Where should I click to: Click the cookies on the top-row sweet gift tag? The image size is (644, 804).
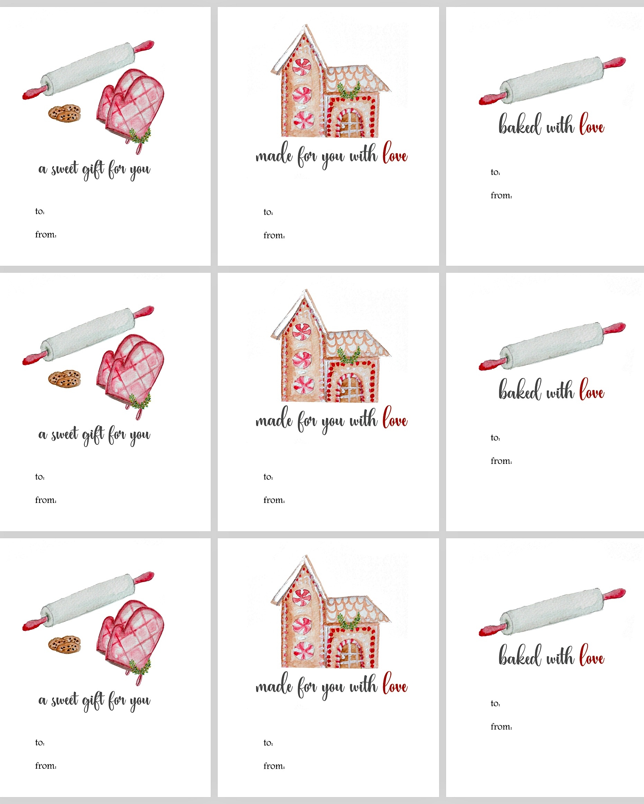pos(65,113)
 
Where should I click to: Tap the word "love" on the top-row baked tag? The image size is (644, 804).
pos(592,124)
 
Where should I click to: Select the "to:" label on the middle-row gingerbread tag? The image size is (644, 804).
pos(268,477)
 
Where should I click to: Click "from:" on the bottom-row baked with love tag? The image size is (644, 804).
pos(501,727)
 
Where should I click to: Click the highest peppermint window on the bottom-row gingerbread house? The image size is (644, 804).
pos(302,597)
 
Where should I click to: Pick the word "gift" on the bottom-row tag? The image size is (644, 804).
pos(93,701)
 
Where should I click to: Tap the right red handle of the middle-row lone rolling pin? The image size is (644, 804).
pos(615,328)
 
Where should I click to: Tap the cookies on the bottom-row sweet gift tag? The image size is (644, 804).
pos(65,644)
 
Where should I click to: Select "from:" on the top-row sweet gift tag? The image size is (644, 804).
pos(46,235)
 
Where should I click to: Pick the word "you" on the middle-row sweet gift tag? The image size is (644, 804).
pos(140,436)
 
